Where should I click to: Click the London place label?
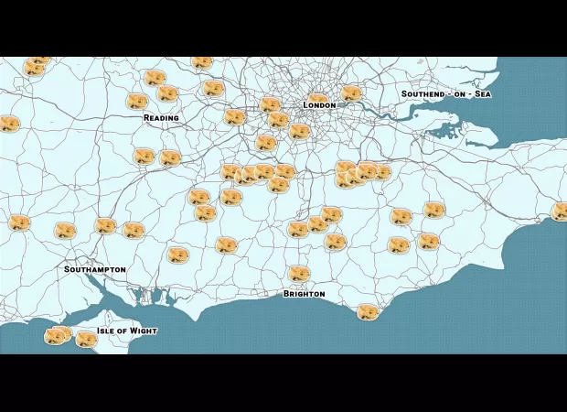pyautogui.click(x=319, y=105)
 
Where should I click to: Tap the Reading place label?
pyautogui.click(x=161, y=118)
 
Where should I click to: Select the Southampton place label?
pyautogui.click(x=95, y=270)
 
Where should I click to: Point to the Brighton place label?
pyautogui.click(x=304, y=294)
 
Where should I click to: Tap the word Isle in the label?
pyautogui.click(x=108, y=331)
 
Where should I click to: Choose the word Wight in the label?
pyautogui.click(x=144, y=331)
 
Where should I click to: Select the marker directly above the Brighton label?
pyautogui.click(x=299, y=274)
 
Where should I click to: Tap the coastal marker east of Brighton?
pyautogui.click(x=368, y=312)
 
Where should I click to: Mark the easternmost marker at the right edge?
pyautogui.click(x=560, y=212)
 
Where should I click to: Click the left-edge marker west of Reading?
pyautogui.click(x=8, y=124)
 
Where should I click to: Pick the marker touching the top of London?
pyautogui.click(x=316, y=97)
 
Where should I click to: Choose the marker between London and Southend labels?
pyautogui.click(x=351, y=93)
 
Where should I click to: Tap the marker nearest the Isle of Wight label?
pyautogui.click(x=86, y=340)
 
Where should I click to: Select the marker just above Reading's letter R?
pyautogui.click(x=137, y=102)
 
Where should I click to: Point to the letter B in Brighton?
pyautogui.click(x=286, y=294)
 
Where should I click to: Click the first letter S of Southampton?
pyautogui.click(x=68, y=270)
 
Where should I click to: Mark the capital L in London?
pyautogui.click(x=306, y=105)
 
